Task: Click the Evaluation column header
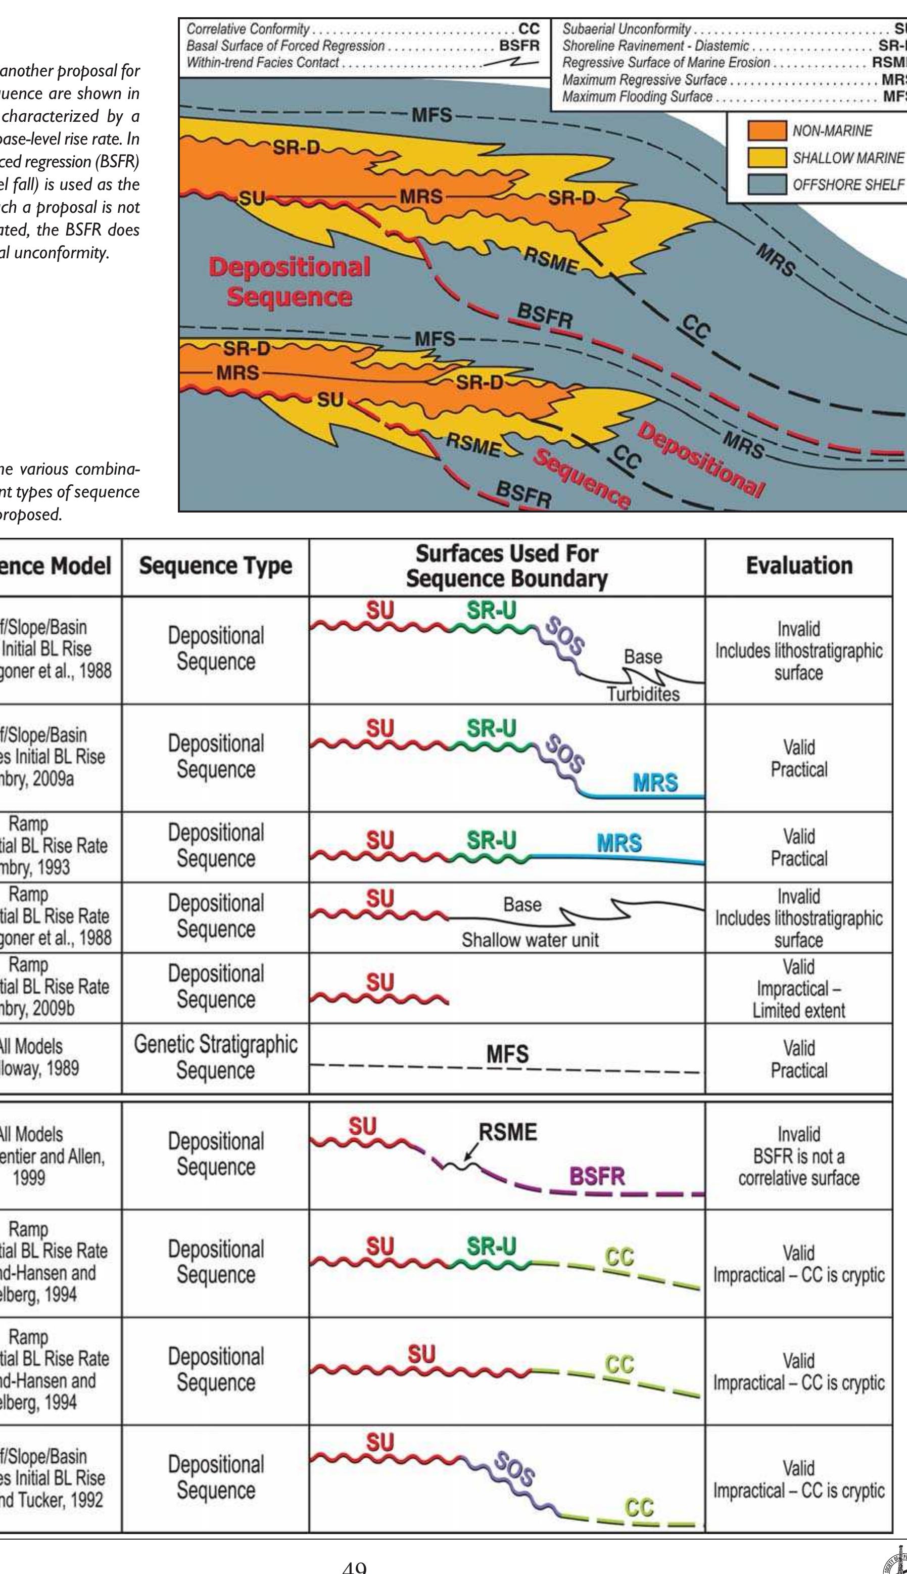[799, 566]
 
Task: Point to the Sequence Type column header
[216, 566]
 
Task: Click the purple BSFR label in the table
[597, 1176]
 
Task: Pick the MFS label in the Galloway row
[507, 1054]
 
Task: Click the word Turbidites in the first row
[644, 694]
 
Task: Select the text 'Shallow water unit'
[530, 940]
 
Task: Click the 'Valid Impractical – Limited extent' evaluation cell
[799, 988]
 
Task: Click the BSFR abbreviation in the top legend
[519, 45]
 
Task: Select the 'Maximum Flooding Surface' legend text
[637, 97]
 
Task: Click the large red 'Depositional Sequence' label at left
[289, 282]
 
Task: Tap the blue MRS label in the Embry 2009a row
[655, 782]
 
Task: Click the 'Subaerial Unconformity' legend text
[626, 29]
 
